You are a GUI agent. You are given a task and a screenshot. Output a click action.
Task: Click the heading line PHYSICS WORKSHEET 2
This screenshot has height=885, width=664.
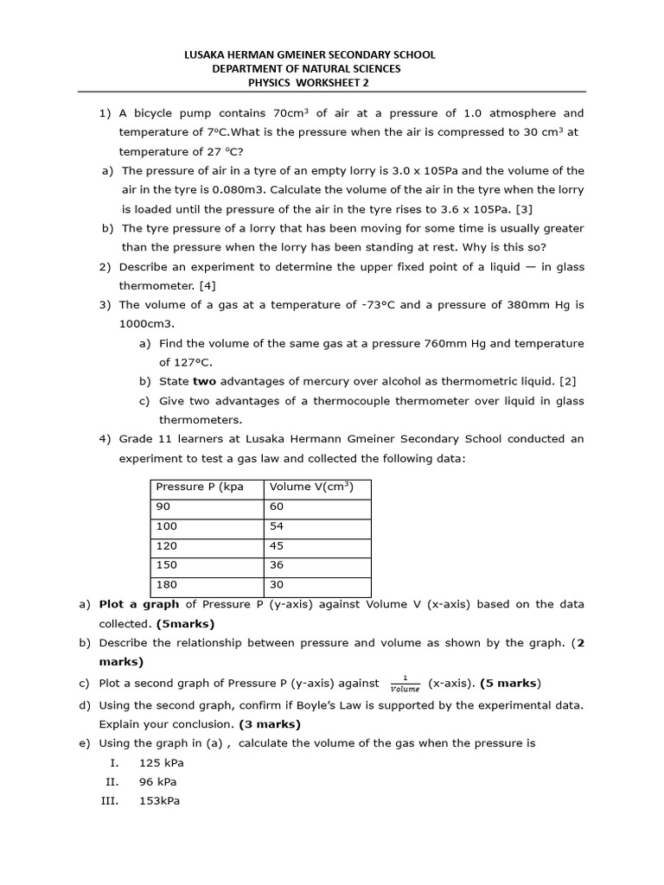pyautogui.click(x=310, y=82)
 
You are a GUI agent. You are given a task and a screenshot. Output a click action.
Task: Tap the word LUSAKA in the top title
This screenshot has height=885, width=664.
pyautogui.click(x=206, y=54)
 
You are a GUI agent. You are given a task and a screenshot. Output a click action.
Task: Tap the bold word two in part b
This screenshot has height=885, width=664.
pyautogui.click(x=204, y=381)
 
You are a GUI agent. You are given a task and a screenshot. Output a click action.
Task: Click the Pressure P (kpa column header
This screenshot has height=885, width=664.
pyautogui.click(x=200, y=487)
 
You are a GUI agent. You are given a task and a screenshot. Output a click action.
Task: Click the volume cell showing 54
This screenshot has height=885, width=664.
pyautogui.click(x=277, y=526)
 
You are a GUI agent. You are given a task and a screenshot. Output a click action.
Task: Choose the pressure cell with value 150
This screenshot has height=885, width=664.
pyautogui.click(x=166, y=565)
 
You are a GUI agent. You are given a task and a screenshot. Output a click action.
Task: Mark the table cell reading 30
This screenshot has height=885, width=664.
pyautogui.click(x=277, y=585)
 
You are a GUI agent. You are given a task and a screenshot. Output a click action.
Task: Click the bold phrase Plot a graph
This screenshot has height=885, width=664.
pyautogui.click(x=139, y=604)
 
